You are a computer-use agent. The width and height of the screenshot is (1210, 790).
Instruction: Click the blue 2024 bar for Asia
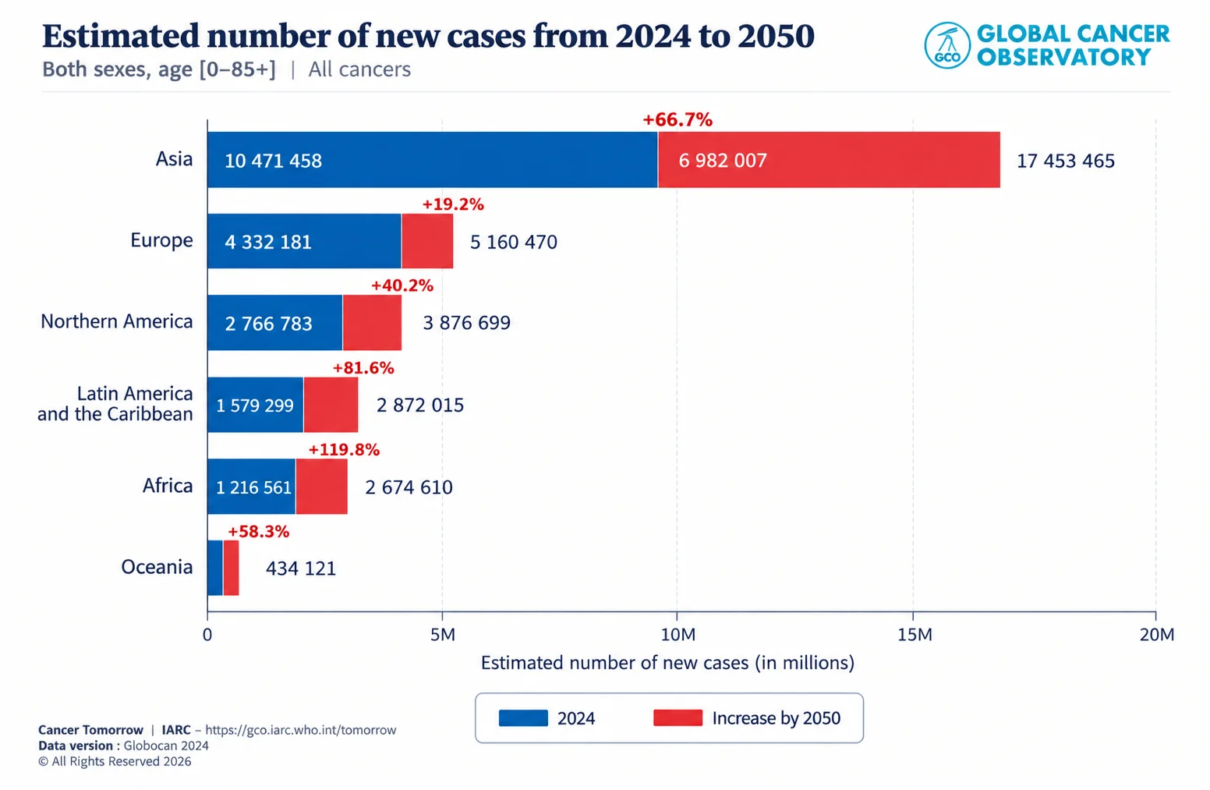(x=432, y=160)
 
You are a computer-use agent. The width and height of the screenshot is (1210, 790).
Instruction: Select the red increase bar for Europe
(x=427, y=241)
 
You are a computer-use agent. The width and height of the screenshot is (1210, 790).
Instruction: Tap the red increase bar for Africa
(x=321, y=487)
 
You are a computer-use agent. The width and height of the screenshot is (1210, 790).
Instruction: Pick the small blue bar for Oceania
(x=215, y=568)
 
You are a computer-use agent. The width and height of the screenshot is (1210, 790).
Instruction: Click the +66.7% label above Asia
(x=678, y=119)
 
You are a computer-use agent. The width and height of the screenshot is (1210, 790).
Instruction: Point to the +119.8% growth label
(x=344, y=449)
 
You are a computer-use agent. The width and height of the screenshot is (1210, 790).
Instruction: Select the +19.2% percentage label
(x=453, y=204)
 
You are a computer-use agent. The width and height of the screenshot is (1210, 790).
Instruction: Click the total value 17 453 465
(x=1065, y=161)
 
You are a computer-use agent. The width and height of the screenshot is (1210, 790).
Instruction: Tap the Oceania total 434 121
(x=301, y=569)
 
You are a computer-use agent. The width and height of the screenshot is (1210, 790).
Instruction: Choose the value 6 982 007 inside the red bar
(x=722, y=161)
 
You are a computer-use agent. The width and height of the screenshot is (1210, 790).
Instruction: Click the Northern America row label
(x=117, y=321)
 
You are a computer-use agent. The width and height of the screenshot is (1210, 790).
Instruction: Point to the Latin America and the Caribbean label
(x=115, y=404)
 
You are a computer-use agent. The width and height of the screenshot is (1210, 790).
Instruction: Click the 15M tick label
(x=915, y=634)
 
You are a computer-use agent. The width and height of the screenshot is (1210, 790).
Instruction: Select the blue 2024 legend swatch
(x=523, y=718)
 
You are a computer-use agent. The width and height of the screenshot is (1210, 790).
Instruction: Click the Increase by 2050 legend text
(x=777, y=718)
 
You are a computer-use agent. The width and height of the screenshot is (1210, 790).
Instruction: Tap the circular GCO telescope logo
(x=947, y=45)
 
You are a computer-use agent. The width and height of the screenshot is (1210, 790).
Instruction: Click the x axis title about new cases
(x=667, y=663)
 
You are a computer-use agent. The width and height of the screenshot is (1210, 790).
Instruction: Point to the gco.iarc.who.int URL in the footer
(x=300, y=730)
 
